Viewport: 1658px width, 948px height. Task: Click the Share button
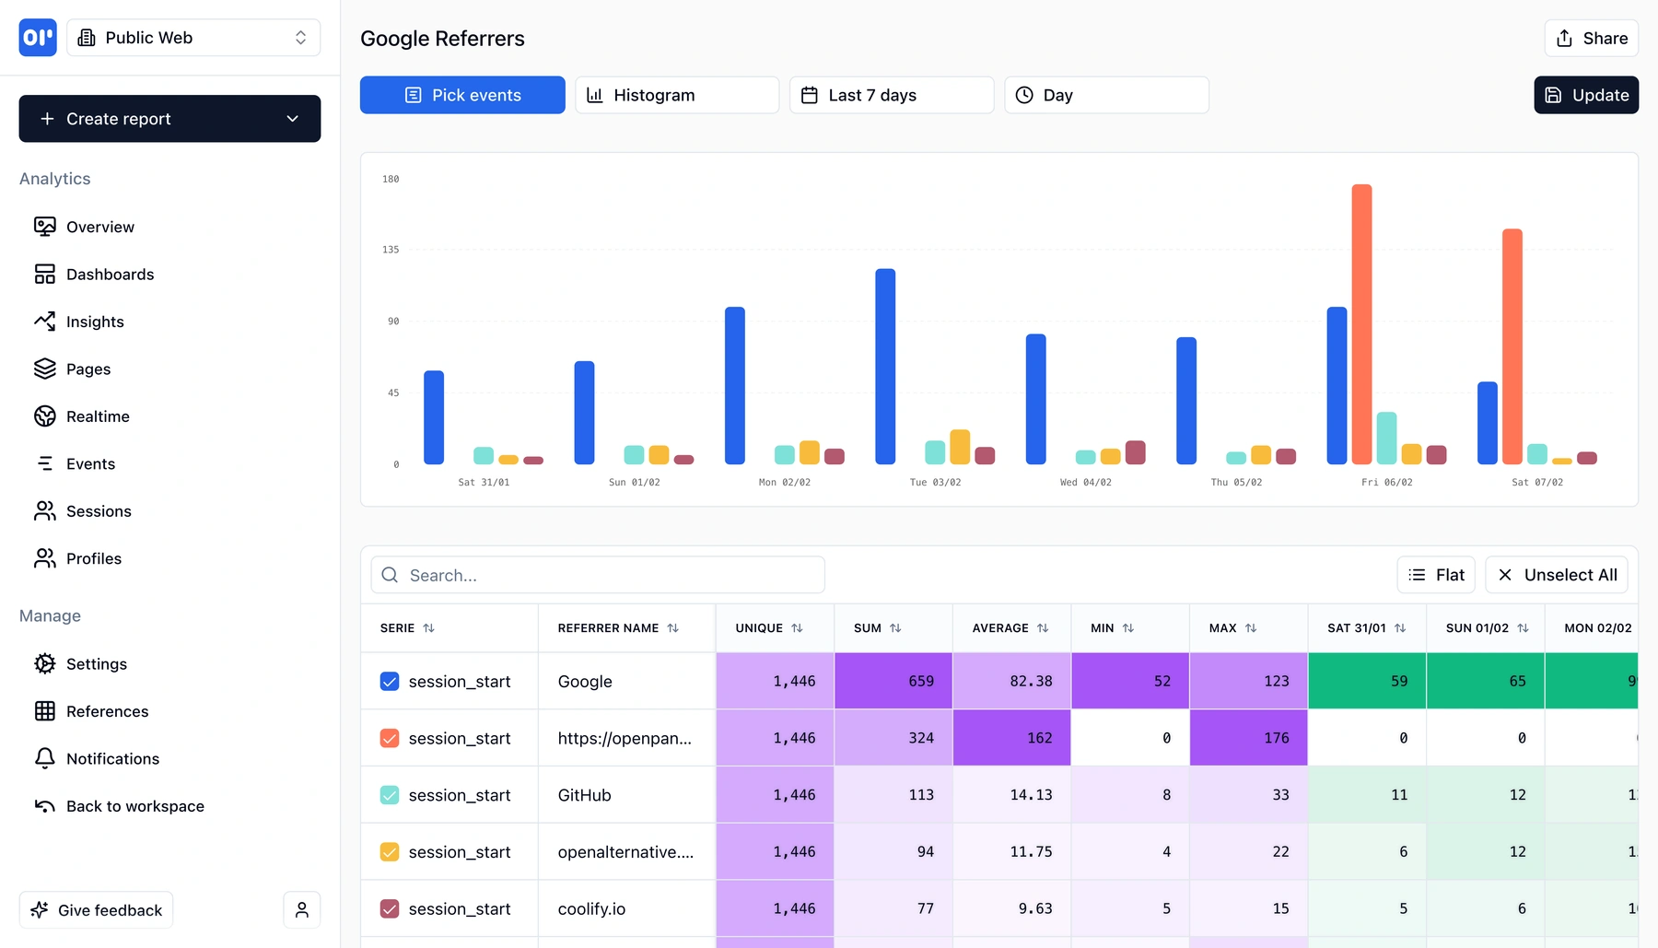tap(1591, 39)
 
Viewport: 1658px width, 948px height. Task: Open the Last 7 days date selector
tap(891, 95)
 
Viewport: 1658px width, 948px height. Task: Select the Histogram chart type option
tap(676, 95)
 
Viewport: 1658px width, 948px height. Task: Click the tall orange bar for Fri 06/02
tap(1361, 323)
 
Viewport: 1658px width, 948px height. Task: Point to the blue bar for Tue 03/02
tap(885, 366)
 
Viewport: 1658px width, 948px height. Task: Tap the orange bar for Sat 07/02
tap(1512, 345)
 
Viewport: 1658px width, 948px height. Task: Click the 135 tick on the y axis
tap(391, 250)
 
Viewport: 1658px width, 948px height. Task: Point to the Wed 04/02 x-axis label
tap(1085, 482)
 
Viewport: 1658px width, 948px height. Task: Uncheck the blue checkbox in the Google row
tap(390, 682)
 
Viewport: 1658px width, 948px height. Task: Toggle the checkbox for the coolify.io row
tap(390, 909)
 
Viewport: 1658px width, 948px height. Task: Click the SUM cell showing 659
tap(893, 682)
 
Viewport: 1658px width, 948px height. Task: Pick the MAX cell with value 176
tap(1248, 738)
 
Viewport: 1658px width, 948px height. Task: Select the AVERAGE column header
tap(1000, 628)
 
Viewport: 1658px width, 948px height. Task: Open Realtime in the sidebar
tap(98, 416)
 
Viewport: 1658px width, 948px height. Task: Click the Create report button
tap(169, 119)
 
